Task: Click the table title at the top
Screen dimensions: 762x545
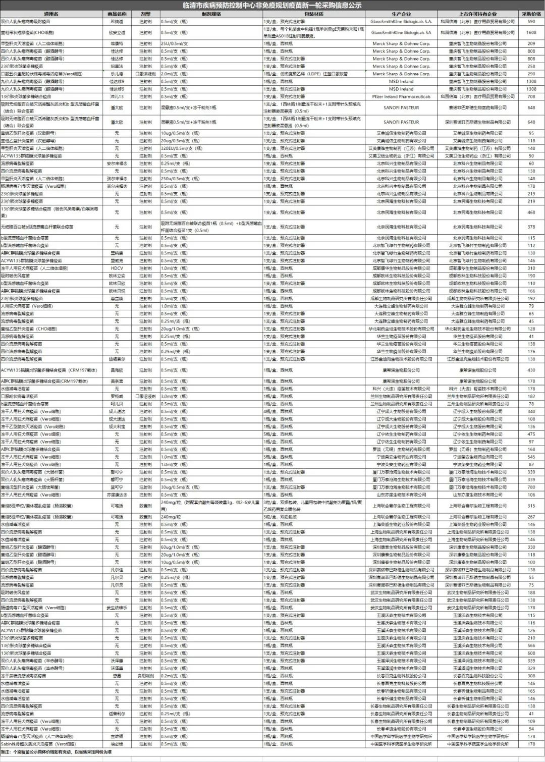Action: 272,5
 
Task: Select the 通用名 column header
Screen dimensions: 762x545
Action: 51,14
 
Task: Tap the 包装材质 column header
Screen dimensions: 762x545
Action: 314,14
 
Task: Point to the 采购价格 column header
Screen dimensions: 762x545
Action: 531,14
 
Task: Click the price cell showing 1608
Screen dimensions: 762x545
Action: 531,32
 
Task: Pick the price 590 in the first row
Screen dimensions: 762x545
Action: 531,22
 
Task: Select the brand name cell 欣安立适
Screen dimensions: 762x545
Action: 117,32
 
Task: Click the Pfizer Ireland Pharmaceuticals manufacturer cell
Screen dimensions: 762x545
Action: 401,96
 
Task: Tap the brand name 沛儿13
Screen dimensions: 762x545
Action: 117,96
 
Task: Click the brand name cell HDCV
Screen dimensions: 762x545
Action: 117,268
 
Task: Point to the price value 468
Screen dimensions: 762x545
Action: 531,212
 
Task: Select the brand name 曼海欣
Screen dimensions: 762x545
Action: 117,370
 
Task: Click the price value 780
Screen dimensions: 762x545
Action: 531,487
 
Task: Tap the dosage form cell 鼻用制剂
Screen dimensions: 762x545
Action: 146,676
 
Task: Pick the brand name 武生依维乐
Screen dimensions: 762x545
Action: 117,608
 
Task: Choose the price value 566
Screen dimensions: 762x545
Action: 531,645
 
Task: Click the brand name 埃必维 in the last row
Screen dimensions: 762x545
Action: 117,744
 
